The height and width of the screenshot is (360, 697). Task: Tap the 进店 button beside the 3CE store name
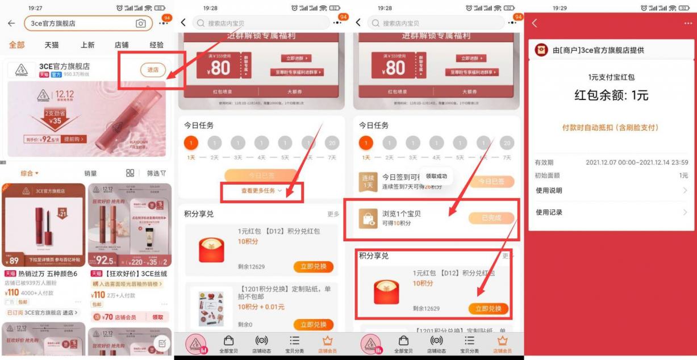[x=153, y=70]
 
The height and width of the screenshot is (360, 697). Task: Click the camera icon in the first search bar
[x=140, y=23]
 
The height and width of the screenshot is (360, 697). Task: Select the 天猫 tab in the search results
[x=52, y=45]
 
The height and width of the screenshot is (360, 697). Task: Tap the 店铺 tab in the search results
[x=121, y=45]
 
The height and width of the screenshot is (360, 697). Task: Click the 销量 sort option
[x=90, y=173]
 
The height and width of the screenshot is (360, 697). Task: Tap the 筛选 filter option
[x=156, y=173]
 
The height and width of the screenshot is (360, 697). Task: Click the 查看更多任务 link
[x=261, y=191]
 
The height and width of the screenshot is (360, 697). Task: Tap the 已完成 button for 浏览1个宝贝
[x=491, y=219]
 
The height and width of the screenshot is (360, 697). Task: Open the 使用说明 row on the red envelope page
[x=611, y=190]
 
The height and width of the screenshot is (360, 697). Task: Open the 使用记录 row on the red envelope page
[x=611, y=212]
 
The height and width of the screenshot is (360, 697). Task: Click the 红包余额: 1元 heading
[x=611, y=95]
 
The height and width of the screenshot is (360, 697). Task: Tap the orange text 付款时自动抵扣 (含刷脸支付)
[x=611, y=128]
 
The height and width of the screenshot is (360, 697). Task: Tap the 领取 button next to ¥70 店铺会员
[x=158, y=317]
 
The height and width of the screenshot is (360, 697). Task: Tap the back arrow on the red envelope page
[x=535, y=23]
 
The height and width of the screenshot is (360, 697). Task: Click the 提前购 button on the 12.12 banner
[x=74, y=139]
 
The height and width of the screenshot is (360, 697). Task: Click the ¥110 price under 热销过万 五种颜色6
[x=13, y=293]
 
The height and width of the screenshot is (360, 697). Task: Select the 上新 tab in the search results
[x=87, y=45]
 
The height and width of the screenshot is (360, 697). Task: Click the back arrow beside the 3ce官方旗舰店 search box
[x=11, y=23]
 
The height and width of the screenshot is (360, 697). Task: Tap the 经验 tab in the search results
[x=156, y=45]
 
